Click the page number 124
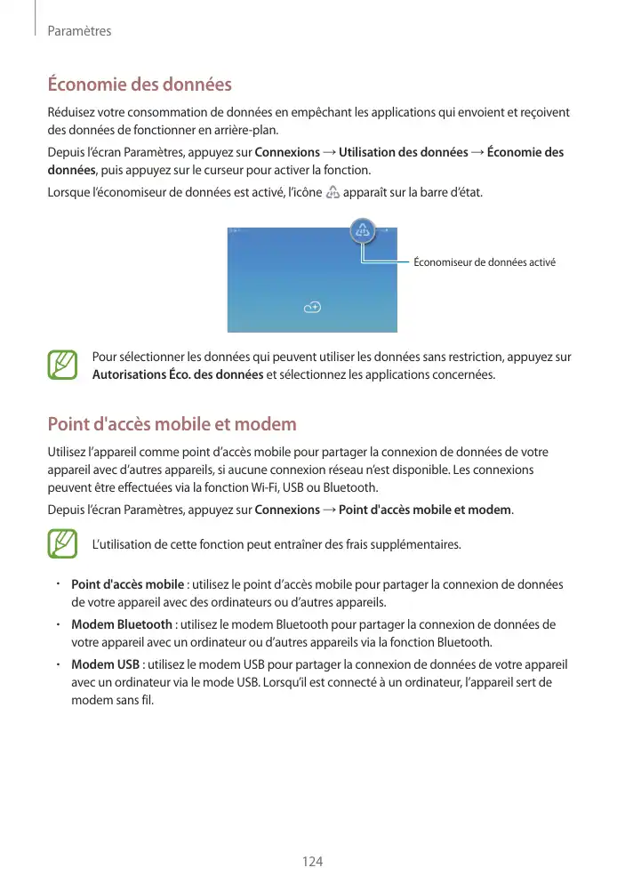(312, 861)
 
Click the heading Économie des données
(140, 85)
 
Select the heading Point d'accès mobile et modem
(172, 423)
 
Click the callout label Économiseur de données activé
(485, 262)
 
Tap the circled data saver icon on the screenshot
(363, 230)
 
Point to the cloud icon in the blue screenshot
(312, 307)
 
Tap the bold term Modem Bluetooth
(122, 624)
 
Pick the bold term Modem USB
(105, 664)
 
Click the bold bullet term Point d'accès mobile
(128, 584)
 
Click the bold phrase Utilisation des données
(404, 153)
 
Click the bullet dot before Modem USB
(56, 664)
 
